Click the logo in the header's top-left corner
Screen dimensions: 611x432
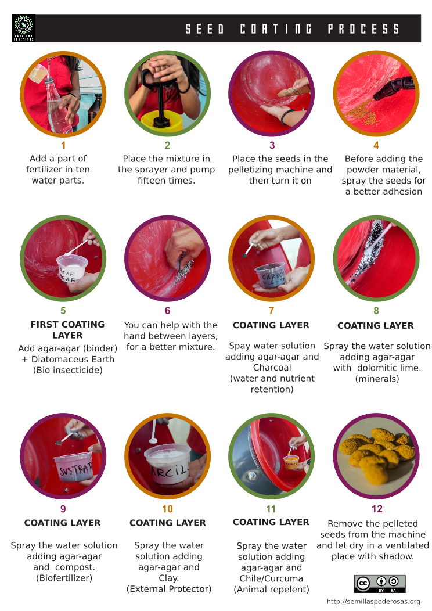(x=23, y=28)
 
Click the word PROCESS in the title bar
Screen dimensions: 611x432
(x=364, y=29)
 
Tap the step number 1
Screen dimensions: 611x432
(x=63, y=146)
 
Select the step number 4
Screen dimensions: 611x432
(x=376, y=146)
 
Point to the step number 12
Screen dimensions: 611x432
(x=377, y=509)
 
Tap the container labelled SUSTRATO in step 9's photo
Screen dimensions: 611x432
(x=78, y=468)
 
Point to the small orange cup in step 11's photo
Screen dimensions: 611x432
(x=291, y=463)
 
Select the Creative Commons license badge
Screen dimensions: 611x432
(x=380, y=584)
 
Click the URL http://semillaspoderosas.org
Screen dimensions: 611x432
(x=373, y=602)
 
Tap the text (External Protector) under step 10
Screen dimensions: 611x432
(x=169, y=589)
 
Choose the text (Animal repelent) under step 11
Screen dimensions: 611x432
(x=271, y=590)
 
